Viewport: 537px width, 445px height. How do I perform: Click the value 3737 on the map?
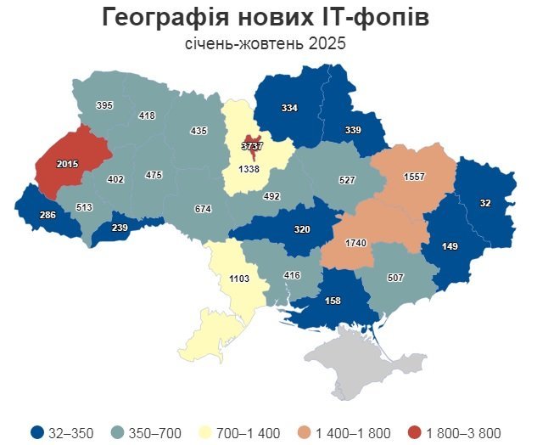coord(252,146)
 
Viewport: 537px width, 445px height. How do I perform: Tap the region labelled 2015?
coord(67,163)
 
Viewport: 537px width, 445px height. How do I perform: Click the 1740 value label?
coord(355,243)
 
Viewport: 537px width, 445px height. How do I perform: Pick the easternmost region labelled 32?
coord(484,204)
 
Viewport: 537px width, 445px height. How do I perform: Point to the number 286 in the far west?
coord(48,216)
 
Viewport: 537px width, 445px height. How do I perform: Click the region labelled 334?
coord(289,108)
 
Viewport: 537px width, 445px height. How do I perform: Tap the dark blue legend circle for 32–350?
coord(36,433)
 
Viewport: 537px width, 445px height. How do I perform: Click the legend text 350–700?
coord(154,433)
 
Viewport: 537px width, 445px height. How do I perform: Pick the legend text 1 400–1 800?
coord(354,433)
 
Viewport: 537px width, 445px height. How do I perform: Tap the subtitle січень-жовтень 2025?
coord(266,43)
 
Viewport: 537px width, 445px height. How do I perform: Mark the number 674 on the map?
coord(202,209)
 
